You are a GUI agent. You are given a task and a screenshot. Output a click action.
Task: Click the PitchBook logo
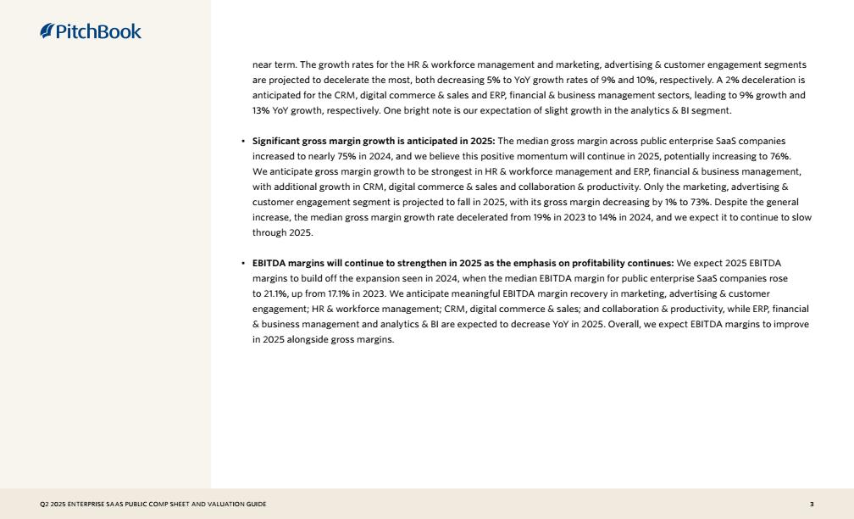91,32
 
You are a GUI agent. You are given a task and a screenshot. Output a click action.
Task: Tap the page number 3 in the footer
812,505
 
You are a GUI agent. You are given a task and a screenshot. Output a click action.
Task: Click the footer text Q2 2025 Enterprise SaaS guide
152,505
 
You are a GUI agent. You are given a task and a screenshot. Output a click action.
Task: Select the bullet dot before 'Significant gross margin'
243,142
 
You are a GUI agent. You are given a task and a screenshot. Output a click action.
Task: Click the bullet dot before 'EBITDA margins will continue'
243,264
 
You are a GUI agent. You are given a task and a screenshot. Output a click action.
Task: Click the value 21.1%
264,293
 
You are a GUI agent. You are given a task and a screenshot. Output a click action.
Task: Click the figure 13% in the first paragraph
261,110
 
